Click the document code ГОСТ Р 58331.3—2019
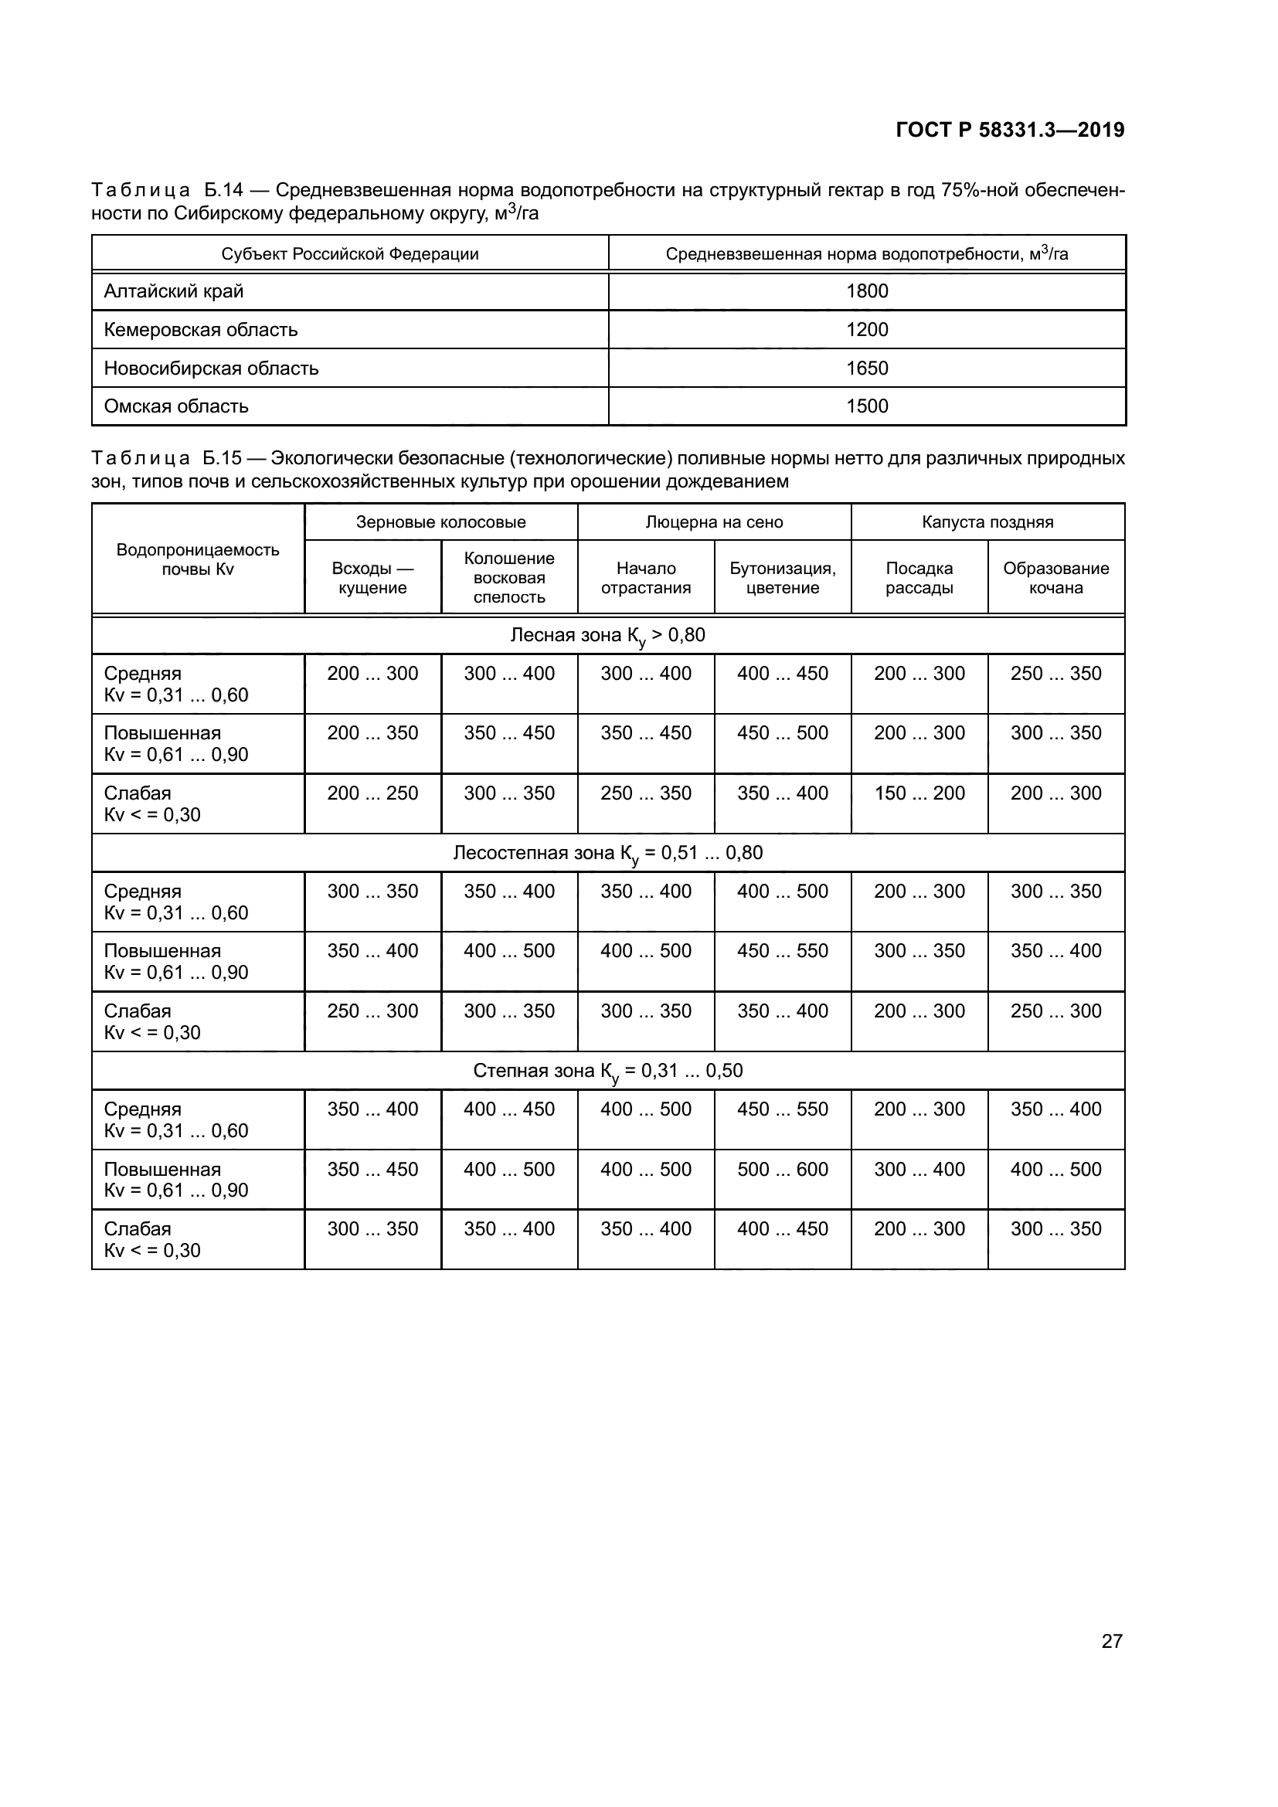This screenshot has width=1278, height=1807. click(1010, 130)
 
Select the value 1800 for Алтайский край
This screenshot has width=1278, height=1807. click(866, 291)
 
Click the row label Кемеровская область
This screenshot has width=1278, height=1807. click(201, 330)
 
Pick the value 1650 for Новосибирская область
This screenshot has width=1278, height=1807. click(866, 369)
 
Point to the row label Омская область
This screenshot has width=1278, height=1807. click(176, 406)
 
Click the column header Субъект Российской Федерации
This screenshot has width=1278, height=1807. click(349, 254)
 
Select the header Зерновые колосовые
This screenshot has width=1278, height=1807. click(440, 521)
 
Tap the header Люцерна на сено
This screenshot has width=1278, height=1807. click(714, 521)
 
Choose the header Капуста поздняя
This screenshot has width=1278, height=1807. click(987, 521)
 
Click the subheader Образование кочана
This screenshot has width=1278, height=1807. click(1055, 578)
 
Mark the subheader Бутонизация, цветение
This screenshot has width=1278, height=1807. click(782, 578)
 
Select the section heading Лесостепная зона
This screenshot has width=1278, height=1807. click(607, 853)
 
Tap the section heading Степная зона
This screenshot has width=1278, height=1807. click(607, 1071)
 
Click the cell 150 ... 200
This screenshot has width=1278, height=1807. click(919, 793)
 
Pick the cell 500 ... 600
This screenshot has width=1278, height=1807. click(782, 1170)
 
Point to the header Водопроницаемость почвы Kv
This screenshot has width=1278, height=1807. click(198, 559)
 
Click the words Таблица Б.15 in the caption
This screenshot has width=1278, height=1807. click(166, 458)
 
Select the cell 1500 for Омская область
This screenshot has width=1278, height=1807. click(866, 406)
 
